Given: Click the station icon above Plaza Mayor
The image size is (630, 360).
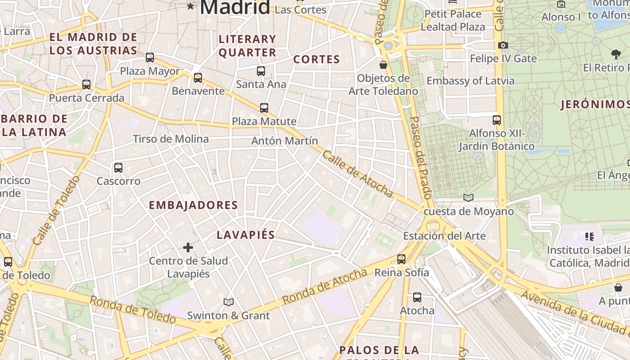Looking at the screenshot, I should pos(150,58).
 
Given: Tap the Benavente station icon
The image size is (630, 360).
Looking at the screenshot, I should pos(198,78).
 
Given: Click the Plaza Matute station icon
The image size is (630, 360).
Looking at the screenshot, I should pos(264,108).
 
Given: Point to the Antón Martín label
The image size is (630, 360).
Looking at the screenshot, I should pos(284,141).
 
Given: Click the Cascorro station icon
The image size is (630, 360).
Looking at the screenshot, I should pos(118,168).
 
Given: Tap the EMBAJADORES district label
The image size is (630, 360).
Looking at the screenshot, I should pos(193,205).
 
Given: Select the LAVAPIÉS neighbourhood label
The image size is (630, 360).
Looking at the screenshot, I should pos(246,235).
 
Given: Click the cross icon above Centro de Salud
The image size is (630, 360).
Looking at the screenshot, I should pos(188,247).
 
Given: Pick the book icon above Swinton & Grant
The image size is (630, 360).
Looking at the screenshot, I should pos(229,302).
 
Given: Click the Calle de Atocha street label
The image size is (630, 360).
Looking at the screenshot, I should pos(357,174).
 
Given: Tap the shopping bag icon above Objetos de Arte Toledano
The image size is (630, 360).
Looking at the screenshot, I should pos(383,65).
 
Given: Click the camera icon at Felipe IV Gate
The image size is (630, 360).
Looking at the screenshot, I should pos(503,45).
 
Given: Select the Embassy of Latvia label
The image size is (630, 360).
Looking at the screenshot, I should pos(470,81).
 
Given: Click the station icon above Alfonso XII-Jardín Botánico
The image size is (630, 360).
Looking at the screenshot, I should pos(497,120).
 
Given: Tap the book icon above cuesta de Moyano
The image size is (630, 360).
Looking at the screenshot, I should pos(468,198).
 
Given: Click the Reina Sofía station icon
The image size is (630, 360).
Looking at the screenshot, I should pos(401,259).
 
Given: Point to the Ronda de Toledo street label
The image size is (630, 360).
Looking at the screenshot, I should pos(132,310).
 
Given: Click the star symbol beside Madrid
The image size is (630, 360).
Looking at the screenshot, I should pos(191,6).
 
